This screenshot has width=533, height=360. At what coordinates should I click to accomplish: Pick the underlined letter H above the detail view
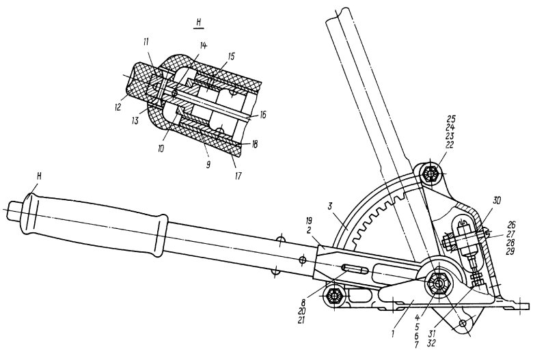pos(198,21)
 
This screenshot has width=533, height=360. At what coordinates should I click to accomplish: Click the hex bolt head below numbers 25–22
pos(430,174)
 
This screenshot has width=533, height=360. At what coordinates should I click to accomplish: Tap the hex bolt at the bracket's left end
pos(334,296)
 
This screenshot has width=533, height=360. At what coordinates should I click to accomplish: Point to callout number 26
pos(511,223)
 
